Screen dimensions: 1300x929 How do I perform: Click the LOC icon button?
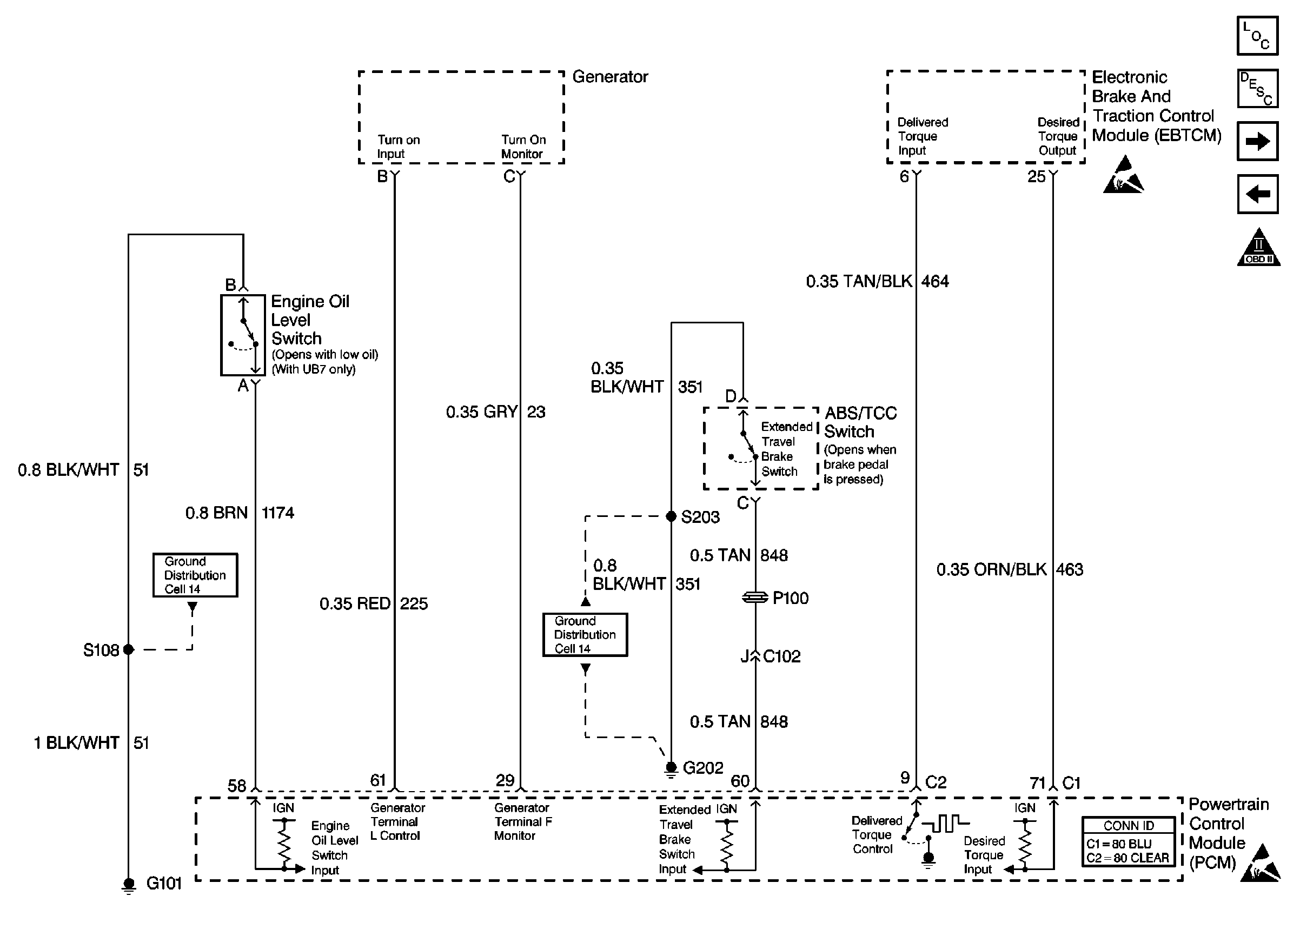[x=1257, y=36]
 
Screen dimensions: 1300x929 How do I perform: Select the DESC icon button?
[x=1257, y=89]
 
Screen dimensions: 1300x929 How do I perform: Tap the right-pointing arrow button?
[x=1257, y=141]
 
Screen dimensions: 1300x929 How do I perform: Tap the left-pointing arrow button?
[x=1257, y=194]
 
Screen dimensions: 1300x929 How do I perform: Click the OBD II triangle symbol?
[x=1258, y=247]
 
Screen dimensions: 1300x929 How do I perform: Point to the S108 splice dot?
[x=129, y=649]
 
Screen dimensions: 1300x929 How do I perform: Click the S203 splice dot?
[x=672, y=516]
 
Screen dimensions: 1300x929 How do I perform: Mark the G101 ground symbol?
[x=129, y=885]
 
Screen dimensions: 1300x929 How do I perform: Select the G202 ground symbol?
[x=672, y=769]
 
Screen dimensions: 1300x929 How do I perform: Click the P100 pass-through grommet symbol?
[x=755, y=597]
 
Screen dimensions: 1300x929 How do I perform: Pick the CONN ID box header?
[x=1129, y=826]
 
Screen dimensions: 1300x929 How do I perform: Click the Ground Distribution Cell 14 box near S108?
[x=195, y=575]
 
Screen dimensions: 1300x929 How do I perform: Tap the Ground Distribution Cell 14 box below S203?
[x=585, y=634]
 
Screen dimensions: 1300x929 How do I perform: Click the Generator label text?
[x=610, y=77]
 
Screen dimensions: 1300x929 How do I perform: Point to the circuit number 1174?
[x=278, y=513]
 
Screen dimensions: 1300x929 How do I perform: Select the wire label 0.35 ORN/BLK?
[x=991, y=569]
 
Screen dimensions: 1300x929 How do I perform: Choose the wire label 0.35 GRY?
[x=482, y=412]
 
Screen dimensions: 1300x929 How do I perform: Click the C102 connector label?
[x=782, y=656]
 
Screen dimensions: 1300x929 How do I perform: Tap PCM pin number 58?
[x=237, y=785]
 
